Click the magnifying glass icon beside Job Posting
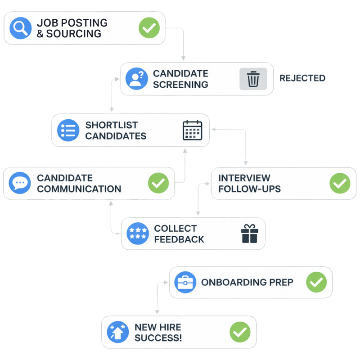20,28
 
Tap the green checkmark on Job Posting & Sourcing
149,28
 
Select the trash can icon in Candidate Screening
253,79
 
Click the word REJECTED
302,78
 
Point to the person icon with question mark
136,79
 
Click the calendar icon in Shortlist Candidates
193,130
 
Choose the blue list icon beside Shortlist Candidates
68,130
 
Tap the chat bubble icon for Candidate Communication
20,183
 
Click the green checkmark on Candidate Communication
158,183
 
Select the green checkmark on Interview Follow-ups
340,183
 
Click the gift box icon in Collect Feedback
249,234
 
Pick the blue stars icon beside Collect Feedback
138,234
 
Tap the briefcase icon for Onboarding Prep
185,283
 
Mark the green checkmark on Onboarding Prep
316,283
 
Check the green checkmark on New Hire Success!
240,333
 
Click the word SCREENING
180,85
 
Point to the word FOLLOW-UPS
249,189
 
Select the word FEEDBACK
179,239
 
